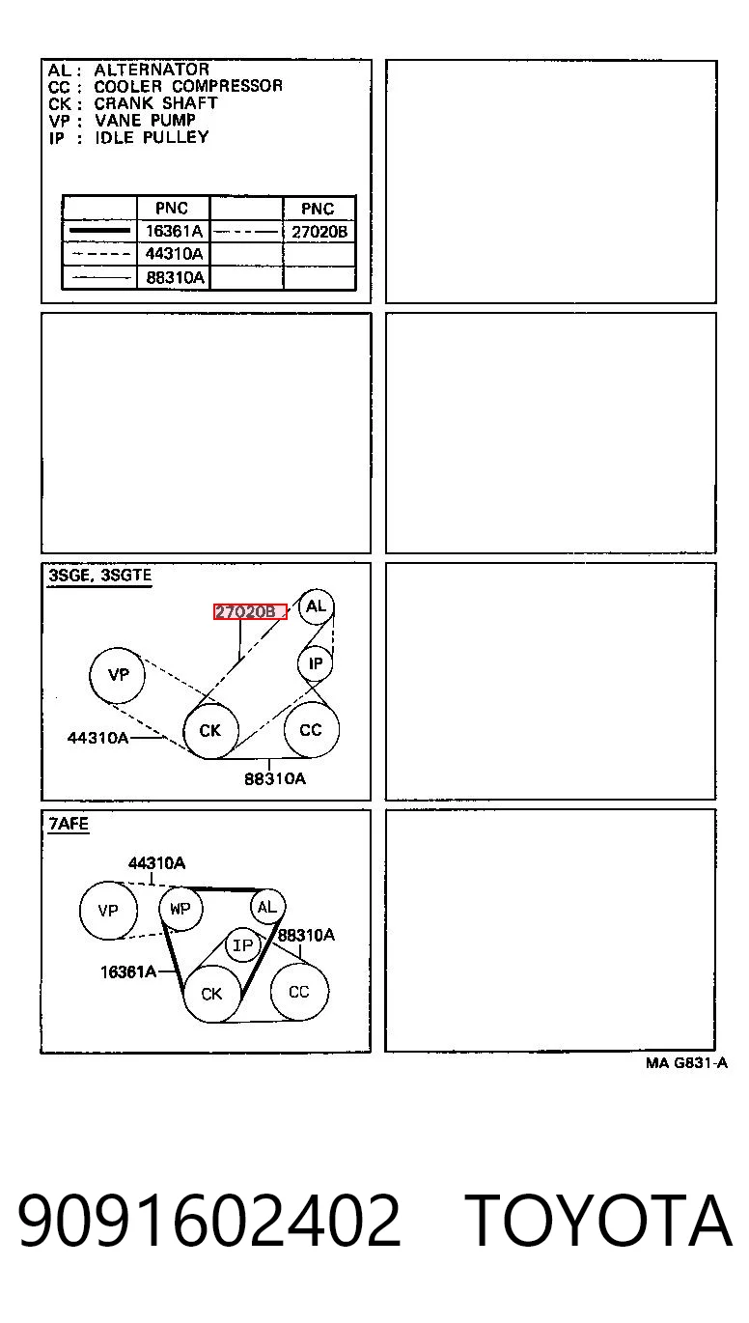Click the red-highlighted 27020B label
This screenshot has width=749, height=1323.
[250, 611]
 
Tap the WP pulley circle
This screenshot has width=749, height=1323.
[180, 909]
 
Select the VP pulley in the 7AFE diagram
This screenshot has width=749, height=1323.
[108, 910]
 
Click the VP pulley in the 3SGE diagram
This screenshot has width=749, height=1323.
[118, 675]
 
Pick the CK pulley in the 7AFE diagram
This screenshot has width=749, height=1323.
[211, 994]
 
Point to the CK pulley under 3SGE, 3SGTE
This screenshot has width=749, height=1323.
[210, 731]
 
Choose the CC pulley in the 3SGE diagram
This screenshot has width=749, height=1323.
[311, 729]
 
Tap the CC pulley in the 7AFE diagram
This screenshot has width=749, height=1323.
[299, 992]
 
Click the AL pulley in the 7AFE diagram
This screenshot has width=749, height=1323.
[267, 907]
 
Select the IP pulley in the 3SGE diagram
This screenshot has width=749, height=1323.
[316, 663]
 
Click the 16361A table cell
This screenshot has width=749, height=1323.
[174, 231]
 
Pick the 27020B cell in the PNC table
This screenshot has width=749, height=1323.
[319, 232]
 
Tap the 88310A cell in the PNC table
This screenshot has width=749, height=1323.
[174, 277]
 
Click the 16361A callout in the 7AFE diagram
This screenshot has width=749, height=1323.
[128, 971]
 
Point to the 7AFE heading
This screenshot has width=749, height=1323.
[69, 823]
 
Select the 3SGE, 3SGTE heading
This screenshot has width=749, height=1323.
[99, 576]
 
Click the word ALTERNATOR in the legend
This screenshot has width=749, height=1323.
[152, 70]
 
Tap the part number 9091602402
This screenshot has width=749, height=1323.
[209, 1219]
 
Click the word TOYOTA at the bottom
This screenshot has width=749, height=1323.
[597, 1220]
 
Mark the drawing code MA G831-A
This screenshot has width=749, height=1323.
[686, 1063]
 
